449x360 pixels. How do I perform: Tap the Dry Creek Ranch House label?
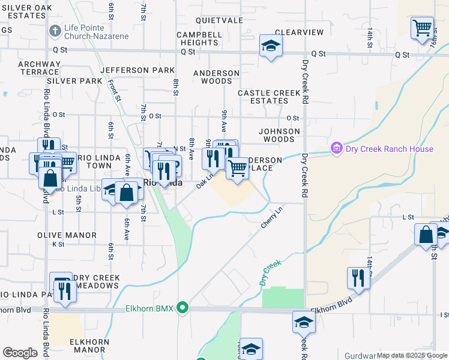pyautogui.click(x=388, y=149)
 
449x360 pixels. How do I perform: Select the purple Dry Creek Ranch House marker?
pyautogui.click(x=336, y=148)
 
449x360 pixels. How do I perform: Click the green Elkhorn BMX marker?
pyautogui.click(x=184, y=308)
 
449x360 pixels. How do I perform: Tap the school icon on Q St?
pyautogui.click(x=271, y=46)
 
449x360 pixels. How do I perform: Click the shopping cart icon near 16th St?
pyautogui.click(x=422, y=27)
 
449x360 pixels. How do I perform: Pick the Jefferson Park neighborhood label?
pyautogui.click(x=137, y=70)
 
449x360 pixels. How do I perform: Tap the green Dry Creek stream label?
pyautogui.click(x=271, y=272)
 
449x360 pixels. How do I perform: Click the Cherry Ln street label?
pyautogui.click(x=271, y=217)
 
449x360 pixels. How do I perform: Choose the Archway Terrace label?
pyautogui.click(x=39, y=68)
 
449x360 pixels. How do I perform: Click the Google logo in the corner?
pyautogui.click(x=20, y=352)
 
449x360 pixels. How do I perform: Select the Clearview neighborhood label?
pyautogui.click(x=299, y=32)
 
